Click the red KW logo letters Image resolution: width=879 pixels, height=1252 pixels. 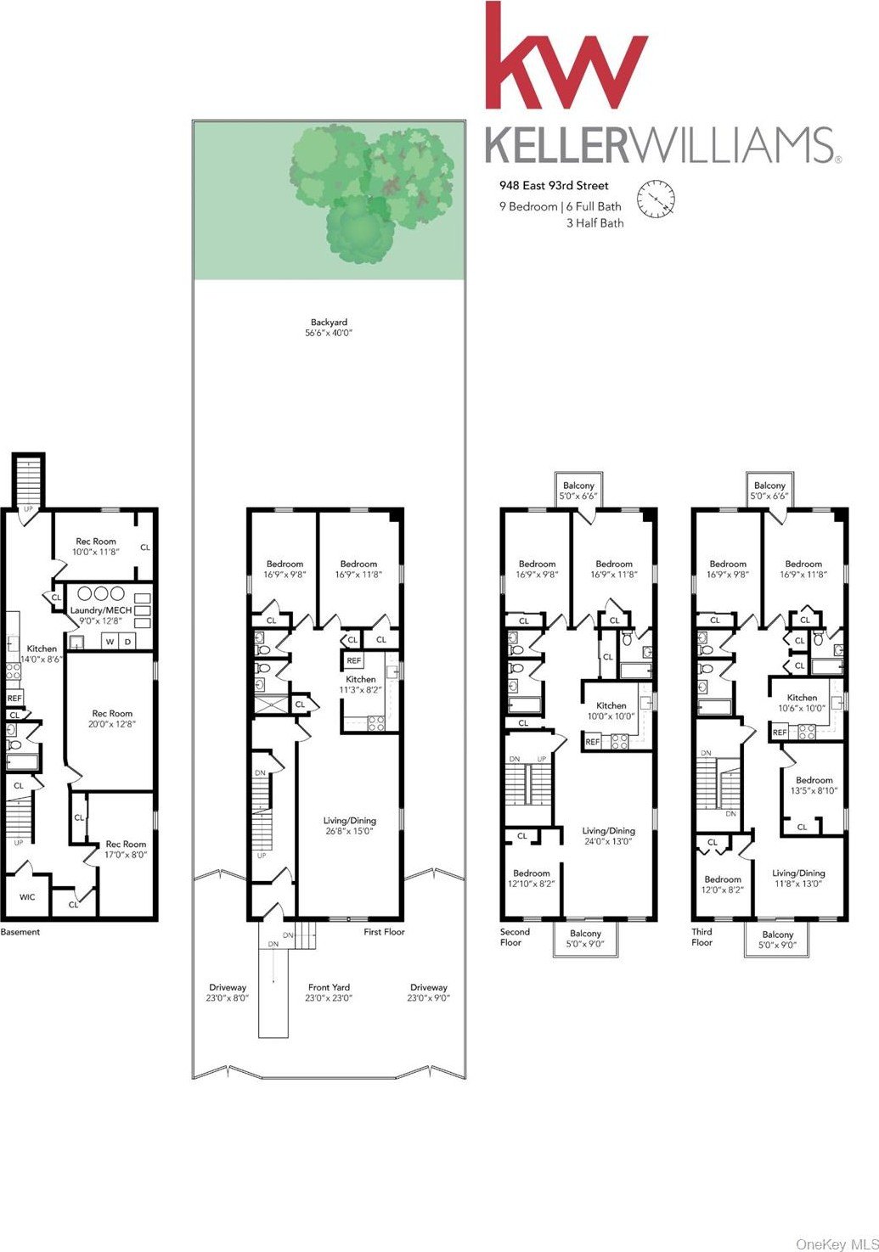[x=566, y=55]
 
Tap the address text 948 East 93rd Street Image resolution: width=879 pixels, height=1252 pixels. [x=554, y=186]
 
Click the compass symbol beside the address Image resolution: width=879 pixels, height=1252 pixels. [x=656, y=198]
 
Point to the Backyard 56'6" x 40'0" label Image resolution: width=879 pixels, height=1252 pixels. [x=329, y=328]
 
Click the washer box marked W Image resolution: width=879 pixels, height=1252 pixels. [x=110, y=642]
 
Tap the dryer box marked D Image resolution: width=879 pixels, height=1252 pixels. [x=127, y=642]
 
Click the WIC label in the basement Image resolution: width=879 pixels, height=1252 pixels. [x=27, y=897]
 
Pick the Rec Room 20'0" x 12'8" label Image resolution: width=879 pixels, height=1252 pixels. [x=112, y=718]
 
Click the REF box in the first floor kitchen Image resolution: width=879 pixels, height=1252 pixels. [x=354, y=660]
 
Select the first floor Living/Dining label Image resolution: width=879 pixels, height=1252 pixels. [x=349, y=826]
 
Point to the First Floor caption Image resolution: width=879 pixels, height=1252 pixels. [x=384, y=932]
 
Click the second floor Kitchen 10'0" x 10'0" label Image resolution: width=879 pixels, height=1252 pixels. [x=611, y=710]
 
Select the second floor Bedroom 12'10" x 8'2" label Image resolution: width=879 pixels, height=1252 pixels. [x=531, y=878]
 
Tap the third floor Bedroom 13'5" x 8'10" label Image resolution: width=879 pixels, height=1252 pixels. [x=814, y=785]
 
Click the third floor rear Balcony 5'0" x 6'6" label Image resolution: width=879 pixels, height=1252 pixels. [x=769, y=491]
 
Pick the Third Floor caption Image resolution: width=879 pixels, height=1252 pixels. [x=702, y=937]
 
